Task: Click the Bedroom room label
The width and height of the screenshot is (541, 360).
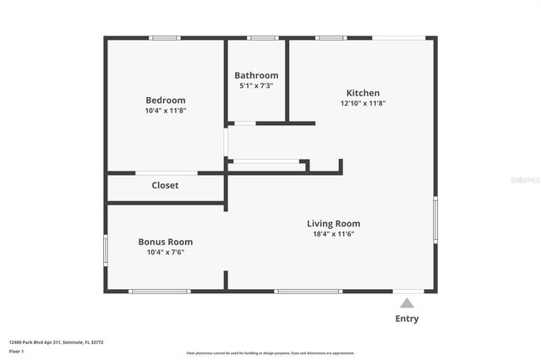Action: [x=165, y=100]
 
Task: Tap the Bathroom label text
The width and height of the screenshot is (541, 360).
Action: [x=256, y=75]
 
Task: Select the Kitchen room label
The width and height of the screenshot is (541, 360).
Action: [x=363, y=93]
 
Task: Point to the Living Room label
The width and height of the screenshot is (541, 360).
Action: [x=333, y=224]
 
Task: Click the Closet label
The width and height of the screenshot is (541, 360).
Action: [x=165, y=185]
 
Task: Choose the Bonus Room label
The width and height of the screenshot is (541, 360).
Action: [x=165, y=242]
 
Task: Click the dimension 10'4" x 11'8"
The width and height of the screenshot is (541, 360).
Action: [x=165, y=111]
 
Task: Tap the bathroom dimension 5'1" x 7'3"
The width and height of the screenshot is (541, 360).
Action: [x=256, y=85]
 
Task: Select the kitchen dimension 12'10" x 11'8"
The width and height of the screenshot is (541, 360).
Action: [x=363, y=103]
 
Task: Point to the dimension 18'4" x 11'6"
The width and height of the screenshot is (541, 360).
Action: [x=333, y=234]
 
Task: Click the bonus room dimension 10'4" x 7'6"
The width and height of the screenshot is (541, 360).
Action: [x=165, y=252]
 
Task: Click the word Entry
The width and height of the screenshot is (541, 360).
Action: [x=407, y=319]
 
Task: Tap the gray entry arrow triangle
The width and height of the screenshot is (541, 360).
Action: [x=407, y=302]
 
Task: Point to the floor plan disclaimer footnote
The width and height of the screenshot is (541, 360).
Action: [x=270, y=353]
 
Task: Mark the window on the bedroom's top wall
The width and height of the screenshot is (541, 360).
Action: [x=164, y=37]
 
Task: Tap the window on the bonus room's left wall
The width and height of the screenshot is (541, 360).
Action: [x=106, y=250]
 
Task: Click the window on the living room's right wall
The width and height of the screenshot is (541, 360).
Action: [x=435, y=220]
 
